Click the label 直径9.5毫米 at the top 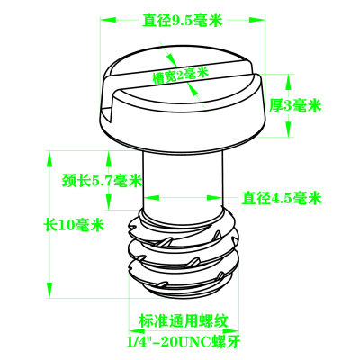point(182,20)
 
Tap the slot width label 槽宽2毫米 point(181,75)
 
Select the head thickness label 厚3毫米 point(295,105)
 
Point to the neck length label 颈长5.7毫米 point(102,181)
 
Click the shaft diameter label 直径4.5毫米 point(282,198)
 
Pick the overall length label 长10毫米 point(74,225)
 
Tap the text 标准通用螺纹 point(184,321)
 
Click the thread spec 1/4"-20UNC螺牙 point(183,341)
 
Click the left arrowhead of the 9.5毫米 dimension point(108,20)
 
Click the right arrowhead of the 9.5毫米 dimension point(257,20)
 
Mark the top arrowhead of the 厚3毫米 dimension point(288,82)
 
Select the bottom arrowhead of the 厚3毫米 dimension point(288,130)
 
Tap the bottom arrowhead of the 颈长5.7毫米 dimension point(109,202)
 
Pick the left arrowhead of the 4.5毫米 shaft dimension point(150,198)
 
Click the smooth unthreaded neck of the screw point(183,183)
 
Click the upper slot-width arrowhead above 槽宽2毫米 point(171,60)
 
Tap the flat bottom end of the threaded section point(184,292)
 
